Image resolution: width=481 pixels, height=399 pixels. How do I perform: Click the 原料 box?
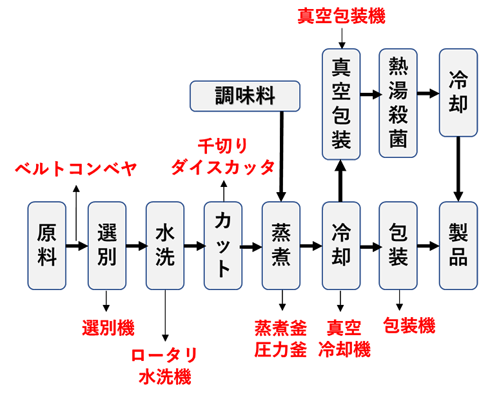(47, 246)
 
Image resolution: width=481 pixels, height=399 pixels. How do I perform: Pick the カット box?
(223, 246)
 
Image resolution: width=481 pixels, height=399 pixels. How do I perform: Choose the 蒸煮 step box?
(282, 246)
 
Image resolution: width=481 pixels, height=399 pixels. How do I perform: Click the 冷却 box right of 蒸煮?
(340, 246)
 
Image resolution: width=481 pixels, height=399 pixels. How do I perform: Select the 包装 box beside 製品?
(398, 246)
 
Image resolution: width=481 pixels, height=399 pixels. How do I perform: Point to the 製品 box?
(458, 246)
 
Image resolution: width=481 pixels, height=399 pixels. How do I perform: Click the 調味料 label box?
(245, 97)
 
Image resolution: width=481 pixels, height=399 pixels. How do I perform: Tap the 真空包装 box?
(340, 103)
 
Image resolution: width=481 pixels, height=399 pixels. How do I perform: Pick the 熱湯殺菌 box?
(398, 103)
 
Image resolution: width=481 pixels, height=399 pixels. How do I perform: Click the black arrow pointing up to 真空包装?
(340, 181)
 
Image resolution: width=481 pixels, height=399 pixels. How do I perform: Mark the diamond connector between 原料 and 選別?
(77, 246)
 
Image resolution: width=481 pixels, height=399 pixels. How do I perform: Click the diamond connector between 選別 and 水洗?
(135, 246)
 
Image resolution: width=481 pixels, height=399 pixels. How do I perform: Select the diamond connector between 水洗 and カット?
(194, 246)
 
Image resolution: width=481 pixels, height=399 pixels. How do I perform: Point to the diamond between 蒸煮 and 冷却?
(311, 246)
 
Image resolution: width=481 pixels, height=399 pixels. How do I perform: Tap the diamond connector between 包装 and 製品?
(428, 246)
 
